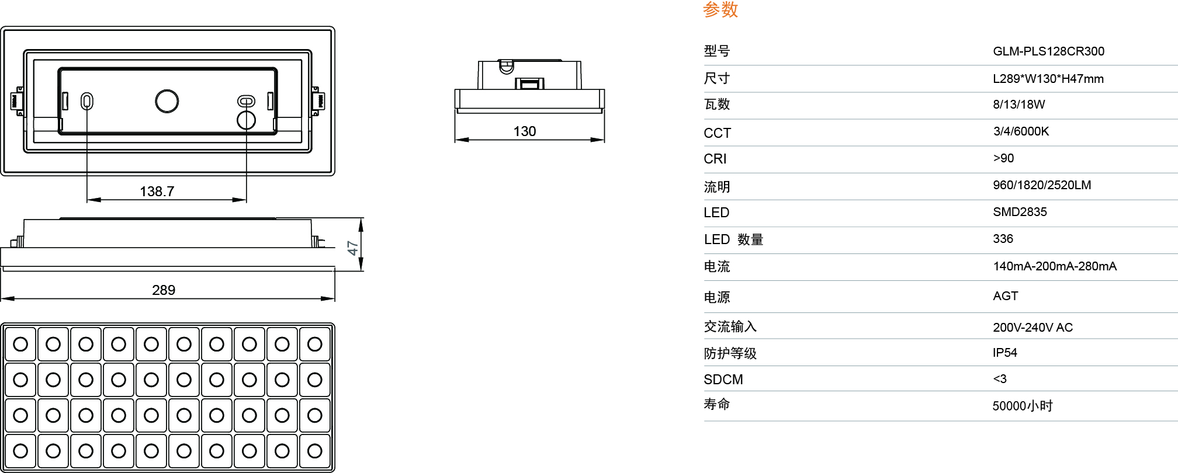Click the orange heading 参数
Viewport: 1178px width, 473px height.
click(720, 9)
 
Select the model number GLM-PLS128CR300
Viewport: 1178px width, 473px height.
click(1048, 51)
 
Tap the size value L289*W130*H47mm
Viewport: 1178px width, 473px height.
click(1048, 79)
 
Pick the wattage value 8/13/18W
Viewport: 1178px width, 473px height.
click(1018, 105)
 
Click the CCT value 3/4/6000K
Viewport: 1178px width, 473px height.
click(1021, 131)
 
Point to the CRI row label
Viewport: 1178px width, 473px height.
click(715, 159)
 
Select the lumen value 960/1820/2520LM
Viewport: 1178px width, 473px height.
click(1042, 185)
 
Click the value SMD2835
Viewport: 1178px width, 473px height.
click(1020, 212)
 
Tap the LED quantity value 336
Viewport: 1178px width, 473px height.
click(1003, 239)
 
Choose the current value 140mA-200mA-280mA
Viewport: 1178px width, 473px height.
click(1055, 266)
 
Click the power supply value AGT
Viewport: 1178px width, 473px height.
click(1005, 296)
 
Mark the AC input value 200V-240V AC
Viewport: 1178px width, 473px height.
click(1033, 328)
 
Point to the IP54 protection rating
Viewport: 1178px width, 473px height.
click(1004, 353)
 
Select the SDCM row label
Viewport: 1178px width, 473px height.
click(723, 380)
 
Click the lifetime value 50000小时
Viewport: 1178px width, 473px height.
click(1022, 406)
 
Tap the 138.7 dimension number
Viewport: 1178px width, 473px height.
click(157, 192)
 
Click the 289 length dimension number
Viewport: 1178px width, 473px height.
click(164, 290)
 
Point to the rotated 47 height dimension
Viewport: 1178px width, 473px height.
click(352, 248)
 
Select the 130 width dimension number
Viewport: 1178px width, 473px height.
click(525, 131)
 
